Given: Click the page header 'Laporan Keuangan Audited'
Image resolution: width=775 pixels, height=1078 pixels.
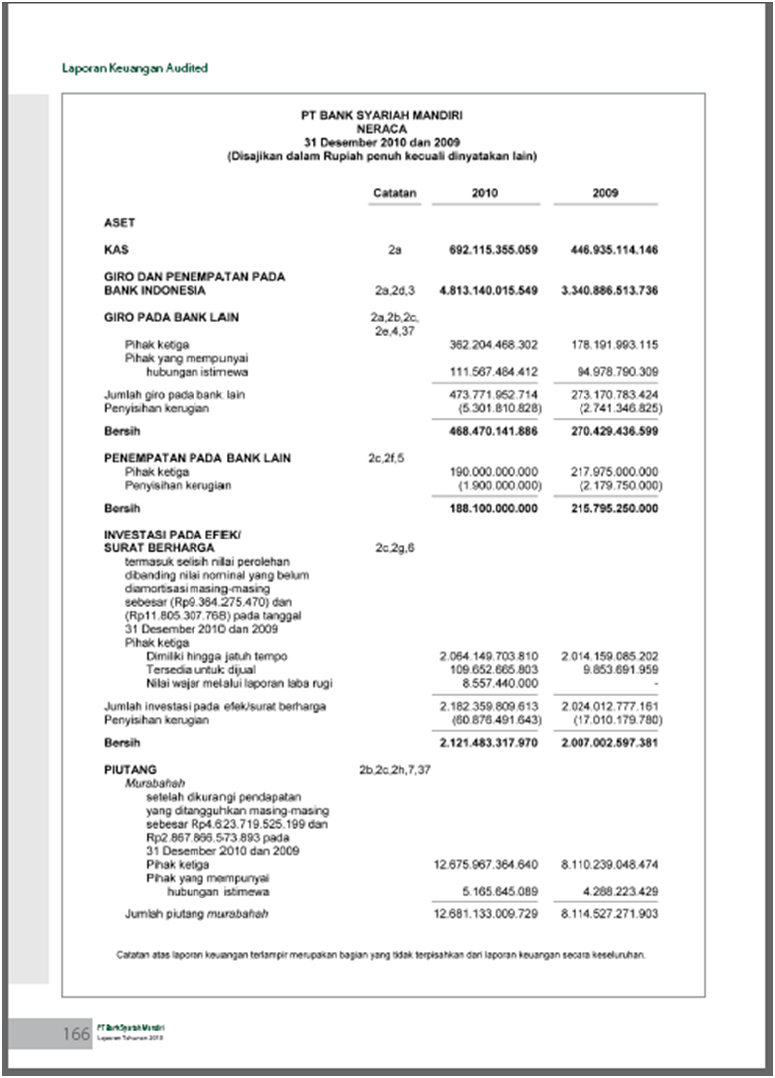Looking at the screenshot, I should tap(135, 68).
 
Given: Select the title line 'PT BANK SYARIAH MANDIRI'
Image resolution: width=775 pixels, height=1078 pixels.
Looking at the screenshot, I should tap(382, 116).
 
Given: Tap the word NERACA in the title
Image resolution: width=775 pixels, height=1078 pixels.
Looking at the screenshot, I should tap(382, 129).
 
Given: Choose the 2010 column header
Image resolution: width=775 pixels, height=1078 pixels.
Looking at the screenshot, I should tap(485, 193).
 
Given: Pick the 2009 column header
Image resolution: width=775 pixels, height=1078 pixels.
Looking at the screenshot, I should tap(605, 193).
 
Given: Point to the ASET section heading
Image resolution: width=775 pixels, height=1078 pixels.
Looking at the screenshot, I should tap(119, 223).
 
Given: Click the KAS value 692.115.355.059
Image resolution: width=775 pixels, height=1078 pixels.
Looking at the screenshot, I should tap(493, 249).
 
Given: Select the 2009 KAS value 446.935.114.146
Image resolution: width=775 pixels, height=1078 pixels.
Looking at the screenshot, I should tap(606, 249).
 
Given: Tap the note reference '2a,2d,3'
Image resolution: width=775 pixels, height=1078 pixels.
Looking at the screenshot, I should tap(394, 291).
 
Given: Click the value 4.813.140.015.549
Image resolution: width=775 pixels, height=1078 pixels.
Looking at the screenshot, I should tap(488, 291).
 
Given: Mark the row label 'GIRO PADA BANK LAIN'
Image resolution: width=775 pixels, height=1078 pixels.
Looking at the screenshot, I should tap(172, 318).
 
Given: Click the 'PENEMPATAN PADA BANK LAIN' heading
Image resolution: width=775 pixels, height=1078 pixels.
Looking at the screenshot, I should tap(197, 458).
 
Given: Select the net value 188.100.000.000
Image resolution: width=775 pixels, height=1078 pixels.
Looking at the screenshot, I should tap(493, 508).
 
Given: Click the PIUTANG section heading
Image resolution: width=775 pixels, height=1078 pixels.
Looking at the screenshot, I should tap(130, 770).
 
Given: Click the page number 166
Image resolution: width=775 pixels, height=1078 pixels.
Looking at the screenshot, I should tap(76, 1034).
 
